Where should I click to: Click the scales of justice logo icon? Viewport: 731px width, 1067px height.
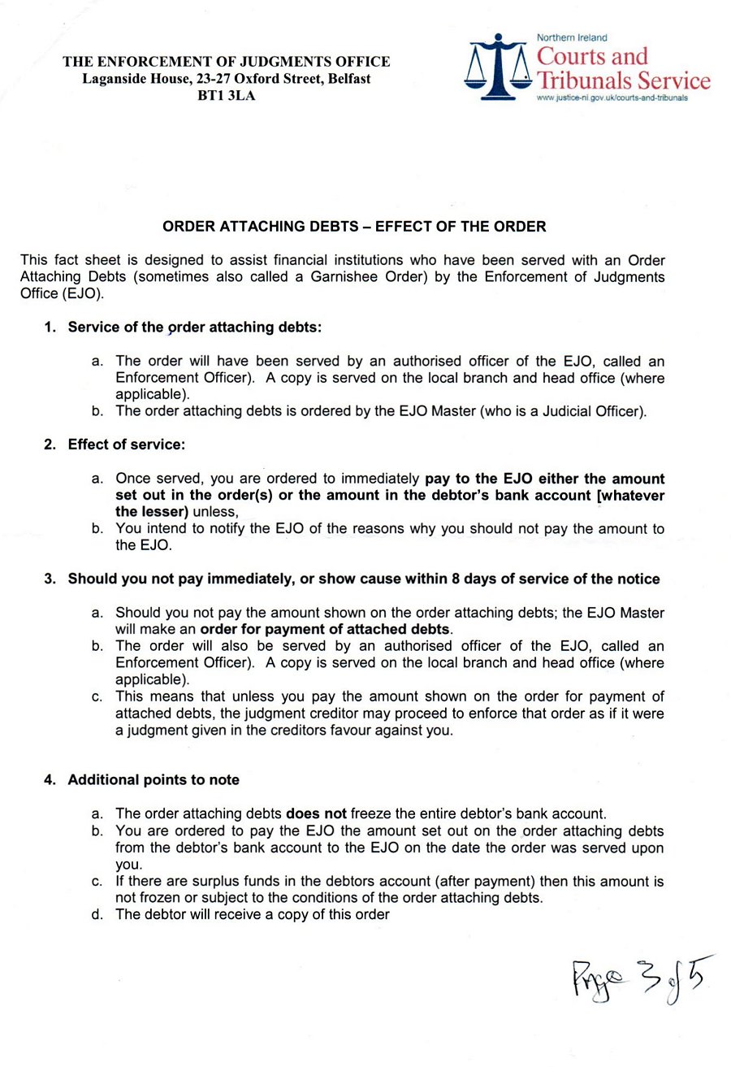point(499,67)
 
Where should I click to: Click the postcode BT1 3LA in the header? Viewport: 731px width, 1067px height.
point(226,96)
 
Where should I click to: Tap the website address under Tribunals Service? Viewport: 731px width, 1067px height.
point(612,98)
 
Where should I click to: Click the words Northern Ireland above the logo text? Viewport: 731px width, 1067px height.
point(573,37)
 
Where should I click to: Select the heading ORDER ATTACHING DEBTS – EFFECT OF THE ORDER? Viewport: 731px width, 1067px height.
point(354,226)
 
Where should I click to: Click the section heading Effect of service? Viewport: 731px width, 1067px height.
point(126,445)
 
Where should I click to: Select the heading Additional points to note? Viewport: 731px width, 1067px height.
point(154,780)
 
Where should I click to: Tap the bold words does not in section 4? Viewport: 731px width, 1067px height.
point(317,813)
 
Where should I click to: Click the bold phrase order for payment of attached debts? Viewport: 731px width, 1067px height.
point(325,629)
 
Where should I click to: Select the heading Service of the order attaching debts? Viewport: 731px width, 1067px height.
point(195,327)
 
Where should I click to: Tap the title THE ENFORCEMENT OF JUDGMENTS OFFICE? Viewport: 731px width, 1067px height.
point(227,62)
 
